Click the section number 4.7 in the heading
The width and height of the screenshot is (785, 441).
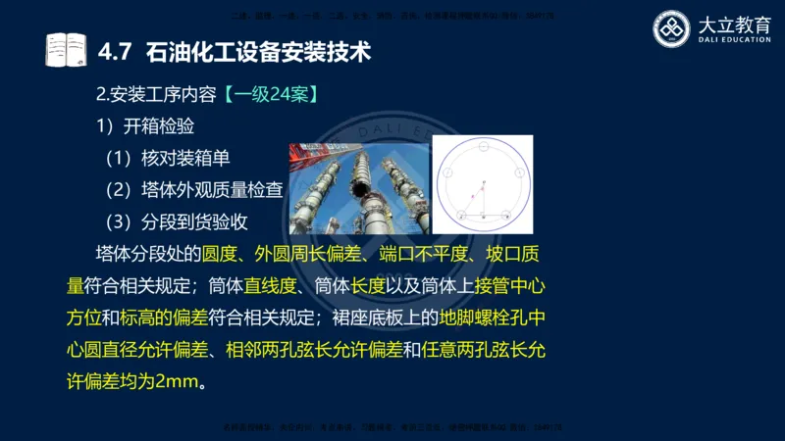coord(116,51)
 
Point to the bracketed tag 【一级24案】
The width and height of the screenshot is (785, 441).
coord(270,96)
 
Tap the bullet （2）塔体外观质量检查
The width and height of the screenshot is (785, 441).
coord(194,189)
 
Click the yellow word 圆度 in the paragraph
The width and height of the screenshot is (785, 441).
coord(222,254)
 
